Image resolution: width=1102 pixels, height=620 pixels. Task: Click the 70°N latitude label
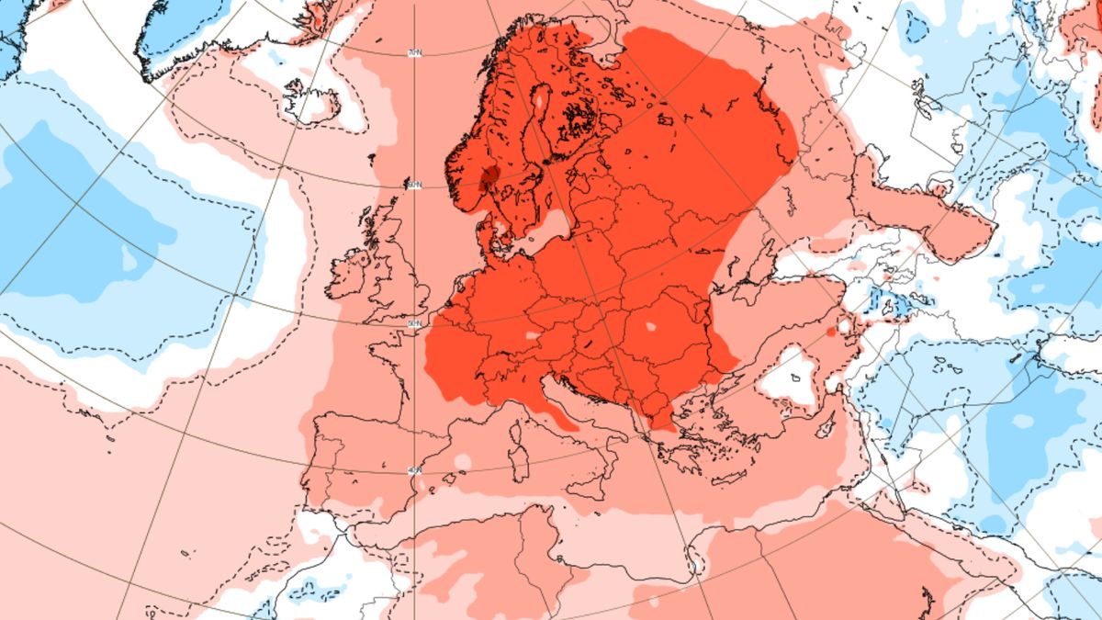tap(415, 54)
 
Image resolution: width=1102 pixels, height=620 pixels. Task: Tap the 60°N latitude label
tap(415, 186)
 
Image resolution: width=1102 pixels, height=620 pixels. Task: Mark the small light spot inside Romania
tap(651, 326)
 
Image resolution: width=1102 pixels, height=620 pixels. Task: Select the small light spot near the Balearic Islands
tap(460, 460)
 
